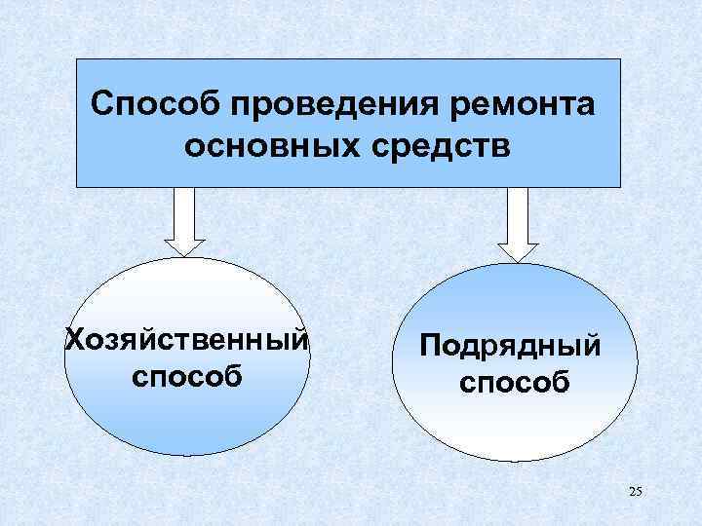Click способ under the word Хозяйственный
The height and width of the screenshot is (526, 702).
(186, 375)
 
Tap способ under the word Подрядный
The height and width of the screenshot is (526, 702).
(514, 381)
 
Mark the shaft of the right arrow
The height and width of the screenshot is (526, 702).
(518, 211)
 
